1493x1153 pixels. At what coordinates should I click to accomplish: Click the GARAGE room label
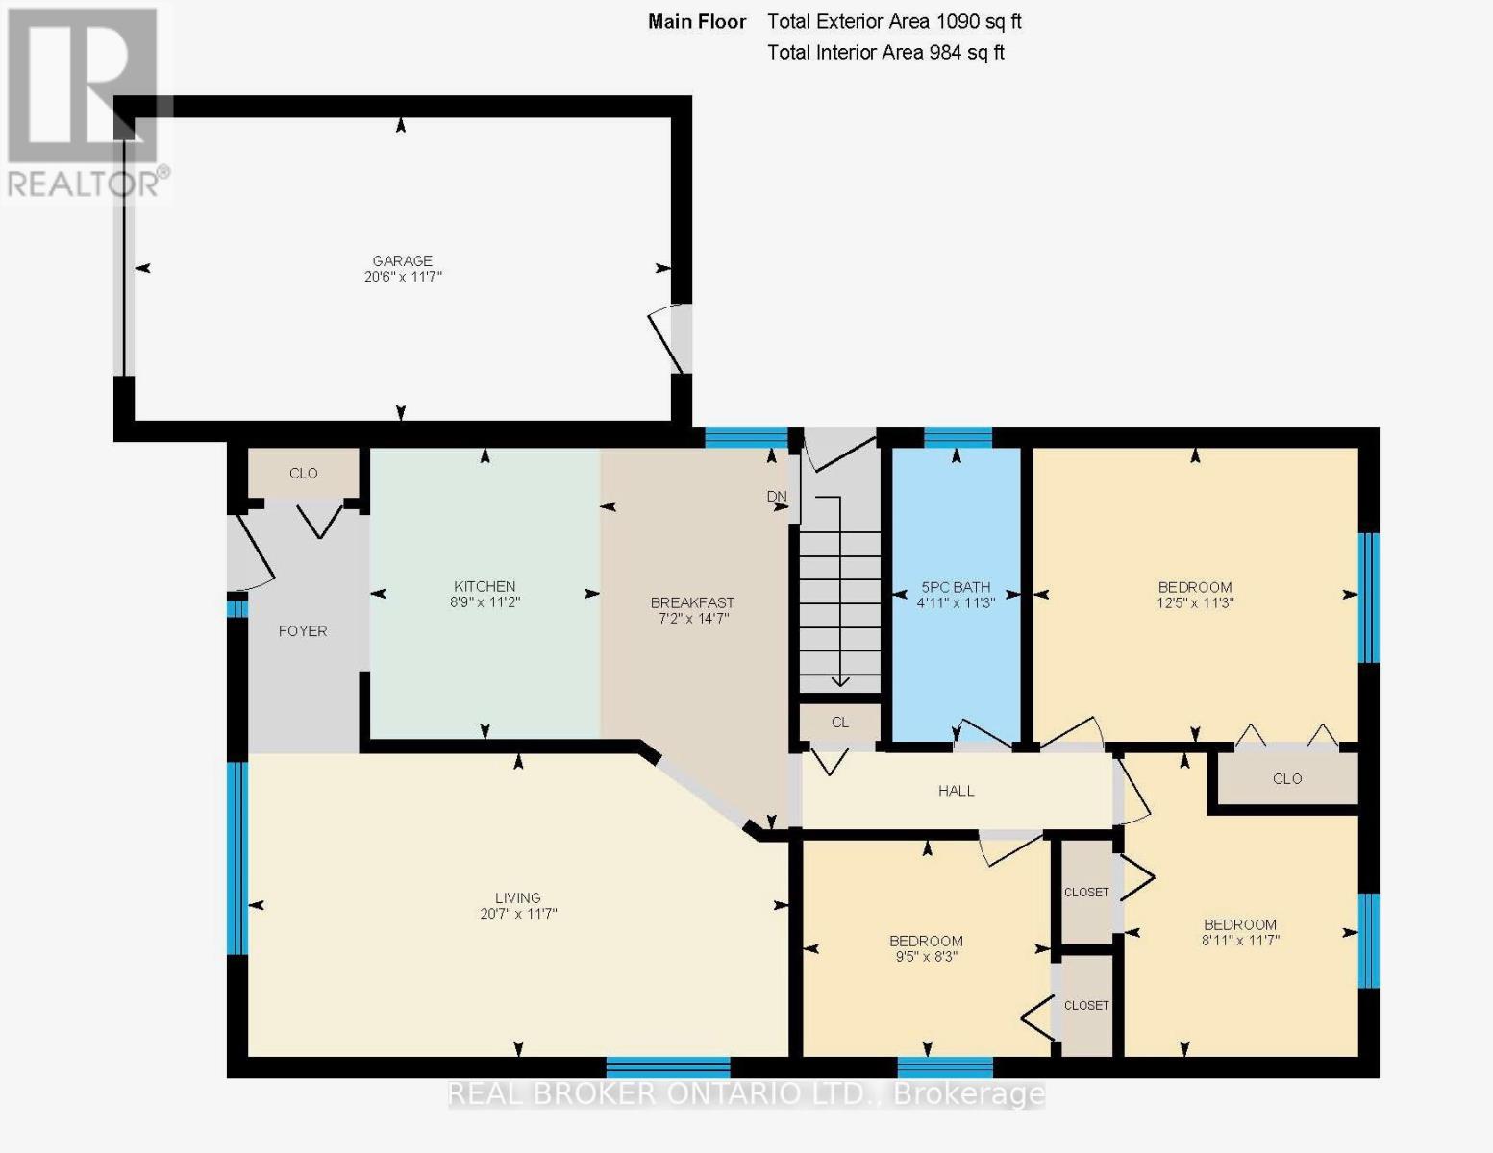pyautogui.click(x=402, y=260)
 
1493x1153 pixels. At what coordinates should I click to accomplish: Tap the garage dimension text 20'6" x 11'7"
pyautogui.click(x=402, y=277)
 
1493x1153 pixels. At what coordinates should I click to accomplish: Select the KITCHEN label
pyautogui.click(x=485, y=586)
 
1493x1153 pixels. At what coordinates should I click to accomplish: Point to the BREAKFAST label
pyautogui.click(x=692, y=602)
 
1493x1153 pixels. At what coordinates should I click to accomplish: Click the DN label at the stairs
pyautogui.click(x=777, y=497)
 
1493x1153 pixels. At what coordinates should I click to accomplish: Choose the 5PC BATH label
pyautogui.click(x=956, y=587)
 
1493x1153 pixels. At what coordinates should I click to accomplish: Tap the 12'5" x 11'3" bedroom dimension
pyautogui.click(x=1195, y=603)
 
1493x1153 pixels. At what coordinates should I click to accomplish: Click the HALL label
pyautogui.click(x=956, y=791)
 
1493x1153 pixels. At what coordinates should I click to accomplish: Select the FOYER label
pyautogui.click(x=303, y=631)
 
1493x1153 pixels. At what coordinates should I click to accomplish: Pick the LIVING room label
pyautogui.click(x=518, y=898)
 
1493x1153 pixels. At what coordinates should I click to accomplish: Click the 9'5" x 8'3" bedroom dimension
pyautogui.click(x=926, y=957)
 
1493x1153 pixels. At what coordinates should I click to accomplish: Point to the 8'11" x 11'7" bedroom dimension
pyautogui.click(x=1240, y=941)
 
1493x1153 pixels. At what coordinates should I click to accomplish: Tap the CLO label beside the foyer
pyautogui.click(x=304, y=473)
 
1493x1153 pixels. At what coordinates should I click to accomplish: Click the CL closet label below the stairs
pyautogui.click(x=840, y=723)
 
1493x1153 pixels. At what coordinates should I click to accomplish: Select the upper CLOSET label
pyautogui.click(x=1086, y=893)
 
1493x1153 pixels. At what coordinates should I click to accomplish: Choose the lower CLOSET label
pyautogui.click(x=1086, y=1005)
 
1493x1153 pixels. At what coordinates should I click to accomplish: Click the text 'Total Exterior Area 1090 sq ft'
pyautogui.click(x=894, y=21)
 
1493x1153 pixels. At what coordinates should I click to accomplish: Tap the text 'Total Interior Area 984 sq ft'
pyautogui.click(x=885, y=53)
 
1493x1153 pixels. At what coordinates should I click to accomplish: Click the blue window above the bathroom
pyautogui.click(x=958, y=437)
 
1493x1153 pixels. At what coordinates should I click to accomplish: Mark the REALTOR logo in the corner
pyautogui.click(x=85, y=101)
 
